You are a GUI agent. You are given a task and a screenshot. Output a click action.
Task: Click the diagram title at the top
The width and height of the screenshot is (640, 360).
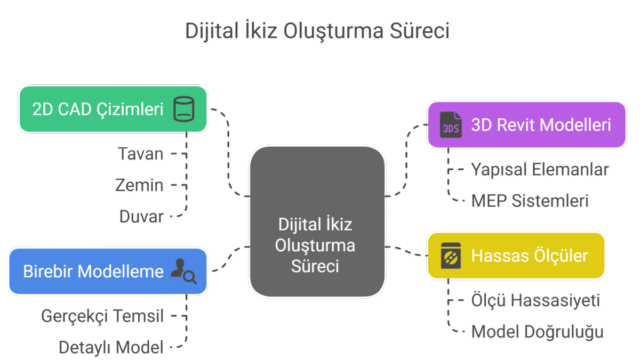(x=317, y=31)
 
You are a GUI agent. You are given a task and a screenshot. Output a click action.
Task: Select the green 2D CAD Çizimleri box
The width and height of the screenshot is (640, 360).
(x=113, y=109)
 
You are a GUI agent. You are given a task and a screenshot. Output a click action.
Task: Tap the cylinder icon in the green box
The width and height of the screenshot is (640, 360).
(x=184, y=109)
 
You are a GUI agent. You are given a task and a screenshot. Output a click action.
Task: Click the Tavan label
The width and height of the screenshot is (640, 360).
(x=141, y=155)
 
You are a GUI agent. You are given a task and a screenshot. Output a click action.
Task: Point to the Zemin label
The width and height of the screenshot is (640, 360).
(x=139, y=186)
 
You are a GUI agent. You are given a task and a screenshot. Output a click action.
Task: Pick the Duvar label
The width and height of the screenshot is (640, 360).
(x=141, y=217)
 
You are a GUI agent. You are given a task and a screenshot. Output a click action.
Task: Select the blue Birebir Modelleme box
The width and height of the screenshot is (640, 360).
(x=107, y=271)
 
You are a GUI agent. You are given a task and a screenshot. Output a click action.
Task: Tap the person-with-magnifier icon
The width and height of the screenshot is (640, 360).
(x=183, y=271)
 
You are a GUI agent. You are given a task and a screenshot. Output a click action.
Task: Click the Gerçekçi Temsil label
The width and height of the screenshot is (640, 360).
(x=102, y=316)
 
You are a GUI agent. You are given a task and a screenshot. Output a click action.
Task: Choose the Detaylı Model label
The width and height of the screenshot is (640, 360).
(x=111, y=348)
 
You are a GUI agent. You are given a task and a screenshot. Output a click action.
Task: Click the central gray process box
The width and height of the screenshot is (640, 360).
(x=317, y=221)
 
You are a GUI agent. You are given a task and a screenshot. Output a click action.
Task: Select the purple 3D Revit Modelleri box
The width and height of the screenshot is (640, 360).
(x=526, y=125)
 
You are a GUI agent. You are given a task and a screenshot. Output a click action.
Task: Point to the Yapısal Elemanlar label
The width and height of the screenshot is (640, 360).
(x=540, y=170)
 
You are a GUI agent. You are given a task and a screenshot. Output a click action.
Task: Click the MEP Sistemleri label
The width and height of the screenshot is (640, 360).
(x=530, y=201)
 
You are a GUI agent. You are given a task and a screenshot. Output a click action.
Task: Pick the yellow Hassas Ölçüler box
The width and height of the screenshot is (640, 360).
(x=516, y=255)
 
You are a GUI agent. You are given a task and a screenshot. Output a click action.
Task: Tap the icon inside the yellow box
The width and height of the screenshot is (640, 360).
(x=450, y=255)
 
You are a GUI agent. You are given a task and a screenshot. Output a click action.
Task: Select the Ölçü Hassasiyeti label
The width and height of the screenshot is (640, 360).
(x=535, y=301)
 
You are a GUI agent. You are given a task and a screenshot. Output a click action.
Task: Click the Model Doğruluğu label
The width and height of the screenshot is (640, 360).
(x=538, y=332)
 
